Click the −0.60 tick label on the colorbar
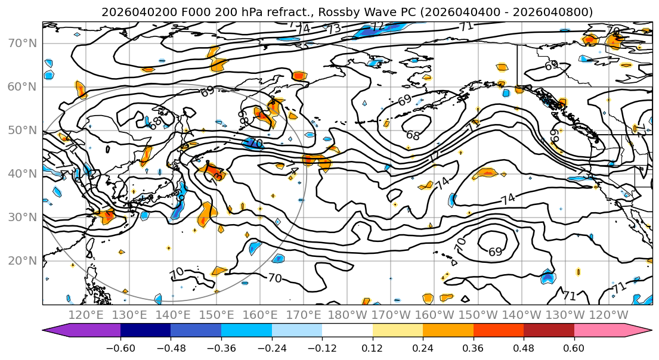(120, 347)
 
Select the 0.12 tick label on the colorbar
(373, 347)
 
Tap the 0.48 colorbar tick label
(524, 347)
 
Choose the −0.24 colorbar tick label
(272, 347)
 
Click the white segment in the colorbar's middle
(347, 331)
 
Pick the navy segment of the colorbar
(146, 331)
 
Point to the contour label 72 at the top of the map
(376, 26)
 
